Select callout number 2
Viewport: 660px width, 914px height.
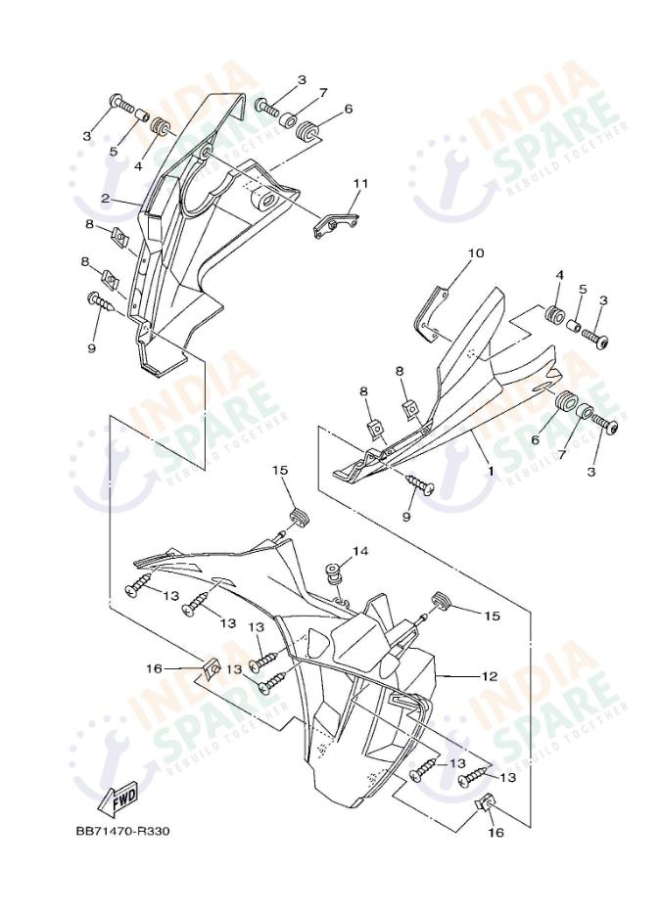click(x=105, y=199)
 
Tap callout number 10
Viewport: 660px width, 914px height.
click(x=476, y=253)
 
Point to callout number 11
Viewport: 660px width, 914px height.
click(x=360, y=183)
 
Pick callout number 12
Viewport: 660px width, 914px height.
click(x=490, y=676)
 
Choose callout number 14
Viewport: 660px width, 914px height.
click(x=360, y=552)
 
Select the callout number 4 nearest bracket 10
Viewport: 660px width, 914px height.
click(x=560, y=276)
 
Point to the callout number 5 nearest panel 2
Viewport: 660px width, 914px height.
click(x=114, y=152)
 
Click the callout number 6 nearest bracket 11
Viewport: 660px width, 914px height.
click(x=348, y=109)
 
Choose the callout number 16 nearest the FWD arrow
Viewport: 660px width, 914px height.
click(x=154, y=668)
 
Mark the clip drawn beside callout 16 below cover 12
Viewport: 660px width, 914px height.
click(x=487, y=804)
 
